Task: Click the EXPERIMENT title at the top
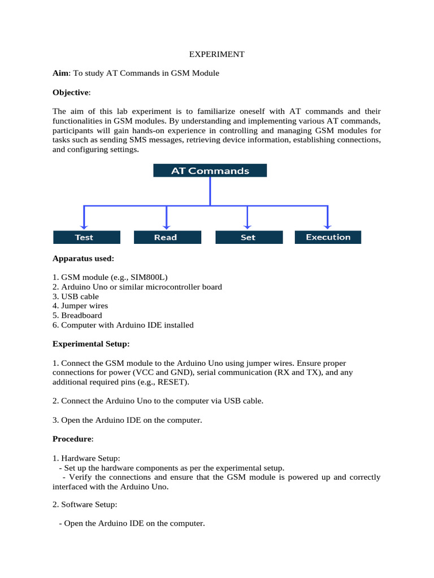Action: pyautogui.click(x=216, y=54)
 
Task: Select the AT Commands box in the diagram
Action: pyautogui.click(x=210, y=170)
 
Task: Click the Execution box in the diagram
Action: pyautogui.click(x=328, y=237)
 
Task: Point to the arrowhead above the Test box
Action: pyautogui.click(x=84, y=225)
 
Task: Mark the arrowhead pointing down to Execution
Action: pyautogui.click(x=328, y=225)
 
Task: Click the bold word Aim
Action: pyautogui.click(x=60, y=73)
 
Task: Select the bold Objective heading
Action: pyautogui.click(x=71, y=93)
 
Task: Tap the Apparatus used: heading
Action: pyautogui.click(x=83, y=259)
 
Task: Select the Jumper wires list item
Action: pyautogui.click(x=84, y=306)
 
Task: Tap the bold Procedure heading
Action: pyautogui.click(x=72, y=439)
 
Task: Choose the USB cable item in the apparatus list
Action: pyautogui.click(x=80, y=296)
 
